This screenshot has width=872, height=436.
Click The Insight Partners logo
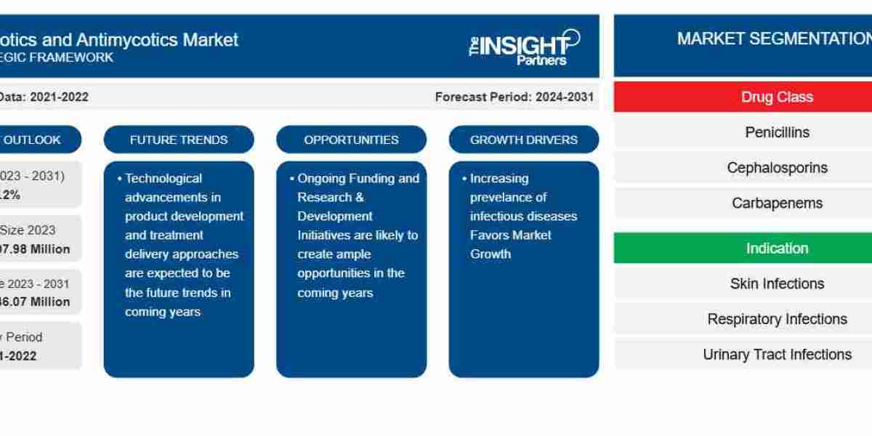point(524,47)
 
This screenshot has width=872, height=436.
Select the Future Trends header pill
point(179,140)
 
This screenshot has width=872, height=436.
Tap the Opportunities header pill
point(351,140)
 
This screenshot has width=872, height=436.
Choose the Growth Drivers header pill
point(524,140)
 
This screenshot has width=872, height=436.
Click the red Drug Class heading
point(777,97)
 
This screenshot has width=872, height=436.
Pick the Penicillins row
point(777,132)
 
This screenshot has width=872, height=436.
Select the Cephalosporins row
point(777,168)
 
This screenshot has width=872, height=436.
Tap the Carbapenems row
point(777,203)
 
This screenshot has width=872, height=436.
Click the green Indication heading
point(777,249)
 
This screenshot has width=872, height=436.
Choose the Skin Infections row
point(777,284)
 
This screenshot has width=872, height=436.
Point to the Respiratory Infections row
point(777,319)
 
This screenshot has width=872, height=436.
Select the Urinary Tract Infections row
point(777,355)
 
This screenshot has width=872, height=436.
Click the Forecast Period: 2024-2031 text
point(514,97)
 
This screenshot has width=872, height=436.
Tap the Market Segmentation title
point(774,39)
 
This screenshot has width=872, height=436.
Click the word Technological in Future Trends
point(163,178)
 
